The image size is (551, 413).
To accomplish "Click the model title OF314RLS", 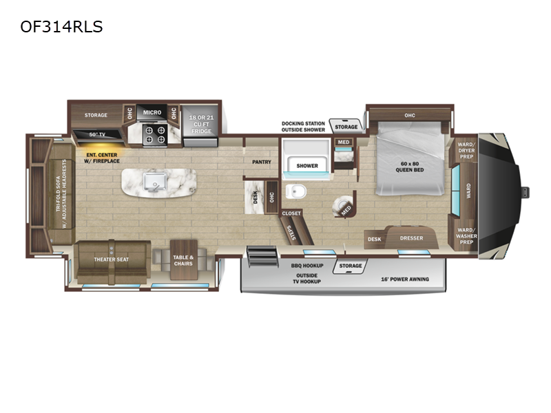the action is click(x=61, y=27).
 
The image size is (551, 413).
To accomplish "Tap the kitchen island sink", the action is click(x=154, y=182).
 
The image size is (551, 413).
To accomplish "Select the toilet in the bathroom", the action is click(x=296, y=192).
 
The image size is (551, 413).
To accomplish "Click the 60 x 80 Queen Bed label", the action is click(x=409, y=167).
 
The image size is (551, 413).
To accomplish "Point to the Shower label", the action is click(x=307, y=166).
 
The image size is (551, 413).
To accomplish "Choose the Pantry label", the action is click(x=262, y=162).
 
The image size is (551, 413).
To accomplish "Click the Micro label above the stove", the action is click(x=152, y=112).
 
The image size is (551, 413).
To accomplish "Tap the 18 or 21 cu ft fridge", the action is click(x=200, y=126).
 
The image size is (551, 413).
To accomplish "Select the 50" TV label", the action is click(x=97, y=134).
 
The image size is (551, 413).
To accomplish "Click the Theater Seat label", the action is click(x=111, y=260).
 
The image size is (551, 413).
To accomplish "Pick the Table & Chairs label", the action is click(x=183, y=260).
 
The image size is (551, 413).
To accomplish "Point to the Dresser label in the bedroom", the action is click(x=411, y=238).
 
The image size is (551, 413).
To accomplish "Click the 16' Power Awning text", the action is click(x=405, y=279).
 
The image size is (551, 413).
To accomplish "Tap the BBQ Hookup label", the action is click(x=307, y=266).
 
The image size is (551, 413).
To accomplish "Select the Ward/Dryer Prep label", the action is click(x=466, y=150).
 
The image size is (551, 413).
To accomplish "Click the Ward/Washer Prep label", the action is click(x=466, y=236).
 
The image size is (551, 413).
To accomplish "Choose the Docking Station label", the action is click(x=303, y=124).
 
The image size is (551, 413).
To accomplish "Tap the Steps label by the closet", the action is click(x=291, y=233).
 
